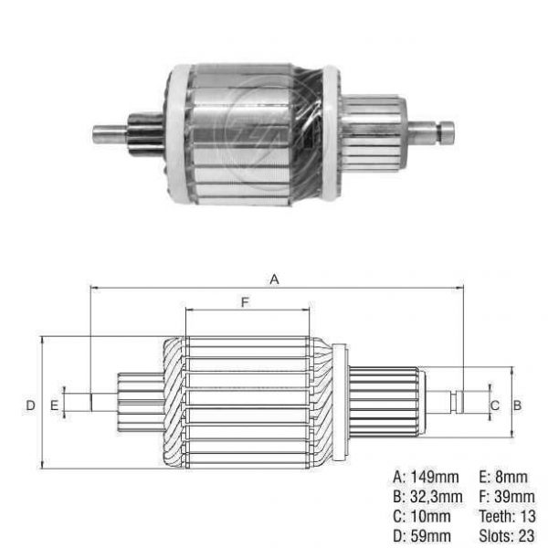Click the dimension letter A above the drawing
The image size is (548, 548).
[x=274, y=279]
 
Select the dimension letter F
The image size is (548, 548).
[x=246, y=302]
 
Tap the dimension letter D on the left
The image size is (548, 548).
[x=30, y=406]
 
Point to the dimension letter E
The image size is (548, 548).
[x=54, y=406]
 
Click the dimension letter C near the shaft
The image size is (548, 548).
[x=494, y=406]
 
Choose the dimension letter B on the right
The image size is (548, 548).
[x=517, y=406]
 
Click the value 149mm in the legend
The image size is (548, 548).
[x=434, y=477]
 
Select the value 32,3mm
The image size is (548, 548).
[x=437, y=497]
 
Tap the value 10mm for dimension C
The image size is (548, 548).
[x=430, y=516]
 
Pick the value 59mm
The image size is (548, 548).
[x=430, y=536]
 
